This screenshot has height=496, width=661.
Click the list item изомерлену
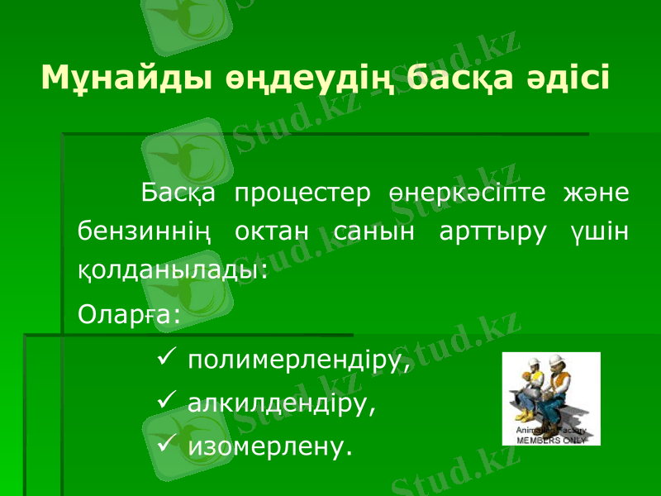pyautogui.click(x=269, y=448)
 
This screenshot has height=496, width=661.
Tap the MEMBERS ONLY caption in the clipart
pyautogui.click(x=551, y=441)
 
